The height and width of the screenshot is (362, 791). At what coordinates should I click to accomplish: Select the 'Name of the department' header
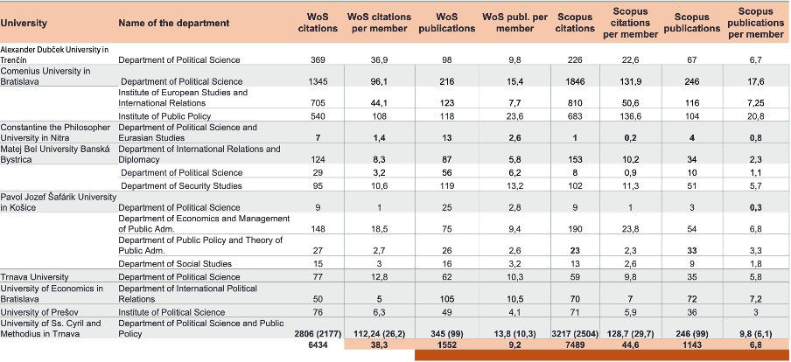click(x=174, y=22)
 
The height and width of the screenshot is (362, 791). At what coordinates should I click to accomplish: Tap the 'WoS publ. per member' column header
click(x=514, y=22)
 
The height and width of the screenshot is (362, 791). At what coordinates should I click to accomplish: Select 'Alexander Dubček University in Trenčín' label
click(x=54, y=54)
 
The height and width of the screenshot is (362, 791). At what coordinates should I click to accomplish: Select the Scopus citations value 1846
click(x=570, y=80)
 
